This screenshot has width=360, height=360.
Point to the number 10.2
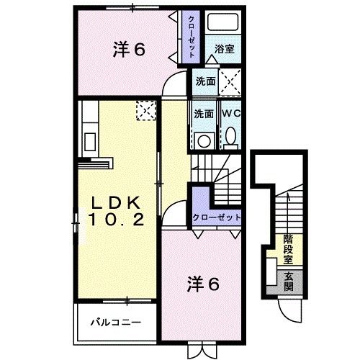pyautogui.click(x=117, y=218)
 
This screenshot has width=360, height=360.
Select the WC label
pyautogui.click(x=230, y=113)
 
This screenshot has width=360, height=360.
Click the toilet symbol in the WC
pyautogui.click(x=230, y=135)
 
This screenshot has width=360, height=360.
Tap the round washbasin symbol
pyautogui.click(x=203, y=138)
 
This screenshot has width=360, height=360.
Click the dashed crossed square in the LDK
pyautogui.click(x=145, y=110)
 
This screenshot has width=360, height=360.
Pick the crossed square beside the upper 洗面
pyautogui.click(x=230, y=81)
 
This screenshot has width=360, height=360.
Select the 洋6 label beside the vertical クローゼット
pyautogui.click(x=130, y=50)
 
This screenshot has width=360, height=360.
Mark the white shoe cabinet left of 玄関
pyautogui.click(x=269, y=274)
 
